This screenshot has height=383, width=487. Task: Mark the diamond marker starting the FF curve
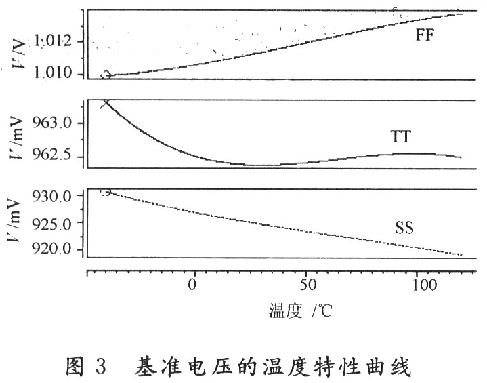pos(105,75)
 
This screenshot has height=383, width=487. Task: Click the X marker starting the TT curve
pos(105,104)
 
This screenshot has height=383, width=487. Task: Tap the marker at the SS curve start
pos(105,192)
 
